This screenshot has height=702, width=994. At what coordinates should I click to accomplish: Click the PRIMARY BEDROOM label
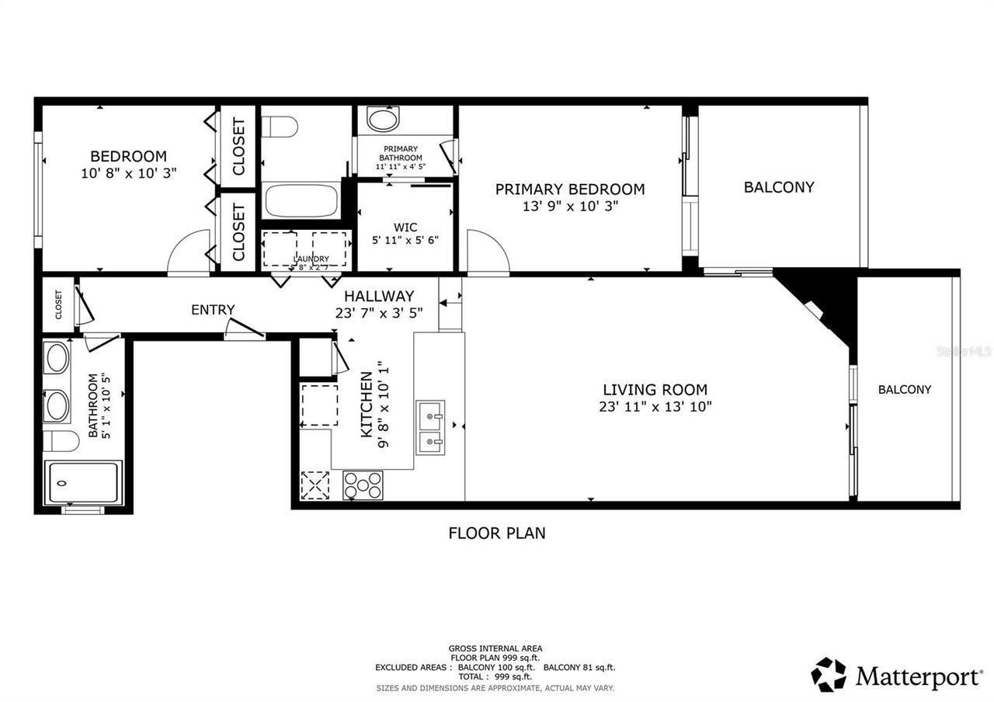pos(569,189)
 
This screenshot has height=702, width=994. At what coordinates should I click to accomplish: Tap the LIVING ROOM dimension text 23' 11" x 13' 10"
pos(655,406)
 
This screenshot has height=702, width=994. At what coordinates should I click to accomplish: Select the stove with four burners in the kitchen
pos(363,485)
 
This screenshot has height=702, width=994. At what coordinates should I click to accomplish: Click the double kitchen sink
pos(430,428)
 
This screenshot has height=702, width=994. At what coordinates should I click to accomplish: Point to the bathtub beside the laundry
pos(301,200)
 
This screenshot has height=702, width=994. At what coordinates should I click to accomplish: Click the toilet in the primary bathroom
pos(382,119)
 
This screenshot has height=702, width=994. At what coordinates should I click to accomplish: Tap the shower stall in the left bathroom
pos(83,482)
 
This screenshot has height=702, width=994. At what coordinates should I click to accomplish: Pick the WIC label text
pos(405,228)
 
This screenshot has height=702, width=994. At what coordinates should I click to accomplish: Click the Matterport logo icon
pos(829,674)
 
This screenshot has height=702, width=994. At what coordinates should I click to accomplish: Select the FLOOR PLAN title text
pos(497,533)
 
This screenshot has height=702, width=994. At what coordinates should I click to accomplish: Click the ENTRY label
pos(213,310)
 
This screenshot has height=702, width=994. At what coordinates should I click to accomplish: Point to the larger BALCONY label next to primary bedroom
pos(779,187)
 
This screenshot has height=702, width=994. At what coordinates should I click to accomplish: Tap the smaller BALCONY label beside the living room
pos(904,390)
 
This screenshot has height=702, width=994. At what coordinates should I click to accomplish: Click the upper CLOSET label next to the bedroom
pos(238,146)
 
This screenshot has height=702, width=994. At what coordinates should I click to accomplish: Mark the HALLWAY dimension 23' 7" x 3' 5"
pos(378,313)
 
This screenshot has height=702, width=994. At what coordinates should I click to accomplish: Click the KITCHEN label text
pos(367,405)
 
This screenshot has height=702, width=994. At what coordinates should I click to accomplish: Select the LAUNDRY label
pos(311,259)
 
